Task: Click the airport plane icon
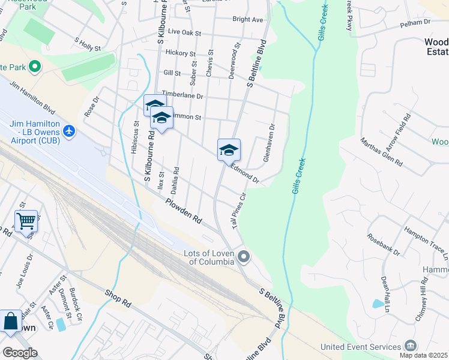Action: pyautogui.click(x=69, y=130)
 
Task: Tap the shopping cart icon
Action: pyautogui.click(x=26, y=221)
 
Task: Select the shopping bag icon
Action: pyautogui.click(x=11, y=321)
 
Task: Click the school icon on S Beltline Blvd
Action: pyautogui.click(x=229, y=150)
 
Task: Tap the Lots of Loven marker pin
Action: pyautogui.click(x=243, y=257)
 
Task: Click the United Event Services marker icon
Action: pyautogui.click(x=411, y=346)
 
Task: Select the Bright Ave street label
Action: pyautogui.click(x=248, y=19)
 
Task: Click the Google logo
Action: pyautogui.click(x=20, y=352)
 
